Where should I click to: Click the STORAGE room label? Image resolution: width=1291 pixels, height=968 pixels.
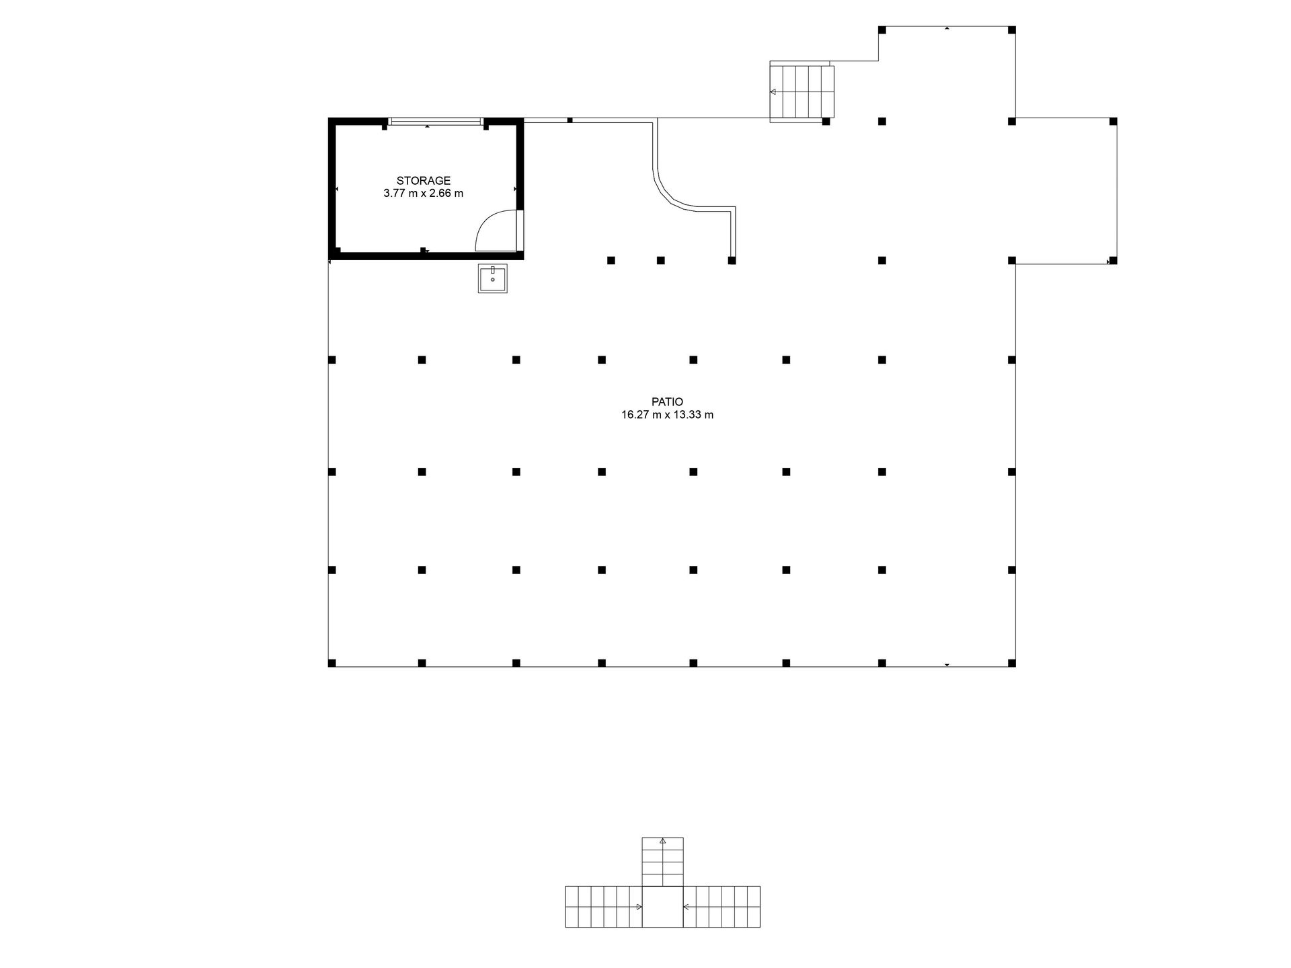point(423,181)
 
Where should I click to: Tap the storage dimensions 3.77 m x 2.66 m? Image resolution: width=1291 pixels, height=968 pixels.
point(423,194)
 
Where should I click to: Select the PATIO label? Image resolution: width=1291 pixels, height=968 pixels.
point(667,402)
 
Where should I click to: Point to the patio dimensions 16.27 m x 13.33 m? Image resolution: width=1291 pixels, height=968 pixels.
point(667,415)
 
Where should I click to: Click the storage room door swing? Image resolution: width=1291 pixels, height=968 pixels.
point(496,231)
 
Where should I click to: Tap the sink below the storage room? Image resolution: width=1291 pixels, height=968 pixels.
point(493,278)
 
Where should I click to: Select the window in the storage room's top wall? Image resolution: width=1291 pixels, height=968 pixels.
point(435,122)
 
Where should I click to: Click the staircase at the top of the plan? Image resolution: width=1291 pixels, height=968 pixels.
point(801,91)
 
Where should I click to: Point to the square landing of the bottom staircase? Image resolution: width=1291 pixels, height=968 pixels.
point(662,907)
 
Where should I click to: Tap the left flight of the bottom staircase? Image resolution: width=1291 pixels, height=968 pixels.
point(604,907)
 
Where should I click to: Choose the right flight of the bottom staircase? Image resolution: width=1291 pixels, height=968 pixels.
point(721,907)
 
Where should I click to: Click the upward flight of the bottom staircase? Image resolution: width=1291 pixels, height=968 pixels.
point(662,862)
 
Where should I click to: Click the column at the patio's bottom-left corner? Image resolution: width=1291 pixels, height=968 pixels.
point(332,663)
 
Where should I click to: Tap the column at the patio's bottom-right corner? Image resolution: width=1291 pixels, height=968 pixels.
point(1012,663)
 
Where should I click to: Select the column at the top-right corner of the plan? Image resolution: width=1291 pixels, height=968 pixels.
point(1012,30)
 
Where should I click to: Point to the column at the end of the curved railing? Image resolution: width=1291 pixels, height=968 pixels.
point(732,260)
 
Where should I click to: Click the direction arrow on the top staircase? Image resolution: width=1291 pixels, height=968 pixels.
point(773,91)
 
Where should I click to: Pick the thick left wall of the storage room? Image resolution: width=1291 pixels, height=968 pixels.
point(331,189)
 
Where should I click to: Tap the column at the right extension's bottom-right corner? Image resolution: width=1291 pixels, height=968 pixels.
point(1113,260)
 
